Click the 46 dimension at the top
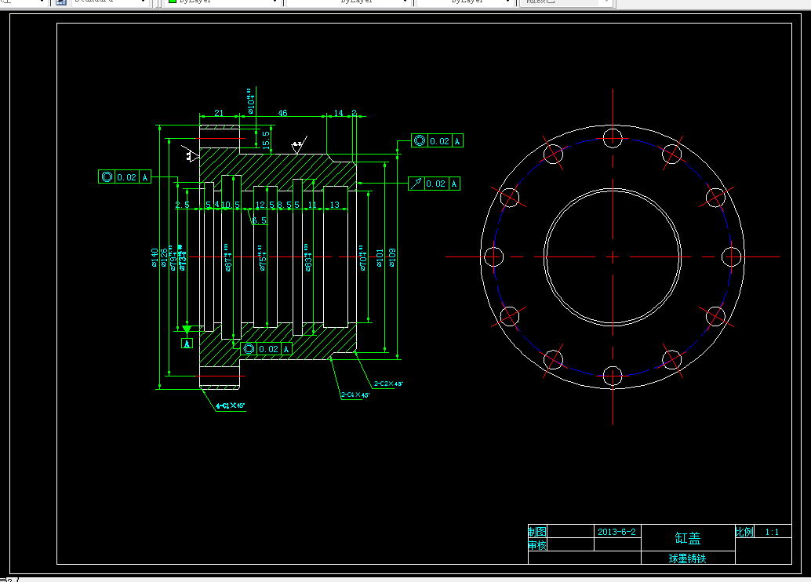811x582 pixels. [x=282, y=114]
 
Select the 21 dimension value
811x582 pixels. [x=219, y=114]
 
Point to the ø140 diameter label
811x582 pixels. [x=155, y=256]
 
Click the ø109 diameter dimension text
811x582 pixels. [x=392, y=256]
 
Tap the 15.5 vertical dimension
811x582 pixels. [x=266, y=139]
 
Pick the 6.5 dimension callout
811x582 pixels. [x=259, y=221]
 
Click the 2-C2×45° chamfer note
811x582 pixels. [x=387, y=384]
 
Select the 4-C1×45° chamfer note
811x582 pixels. [x=231, y=406]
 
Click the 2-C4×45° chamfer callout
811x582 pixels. [x=355, y=395]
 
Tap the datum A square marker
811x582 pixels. [x=187, y=344]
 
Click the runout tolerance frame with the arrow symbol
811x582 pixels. [x=435, y=184]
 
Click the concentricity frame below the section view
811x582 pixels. [x=267, y=349]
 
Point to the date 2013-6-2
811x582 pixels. [x=616, y=531]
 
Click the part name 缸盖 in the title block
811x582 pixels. [x=688, y=539]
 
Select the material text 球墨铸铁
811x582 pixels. [x=687, y=558]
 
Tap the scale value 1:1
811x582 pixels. [x=772, y=532]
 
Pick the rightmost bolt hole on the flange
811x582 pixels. [x=730, y=256]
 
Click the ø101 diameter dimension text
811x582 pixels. [x=379, y=256]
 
